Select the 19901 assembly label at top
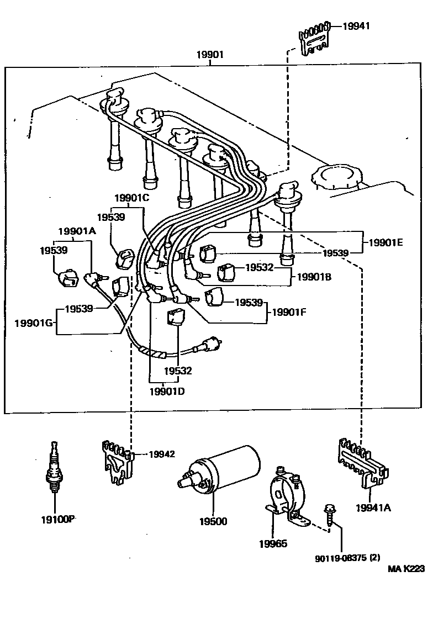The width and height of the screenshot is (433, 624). [210, 55]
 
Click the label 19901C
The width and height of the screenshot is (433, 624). [132, 198]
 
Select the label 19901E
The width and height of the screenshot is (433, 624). [386, 241]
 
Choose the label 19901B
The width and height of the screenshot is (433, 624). [314, 277]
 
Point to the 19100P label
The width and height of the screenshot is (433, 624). [57, 519]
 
